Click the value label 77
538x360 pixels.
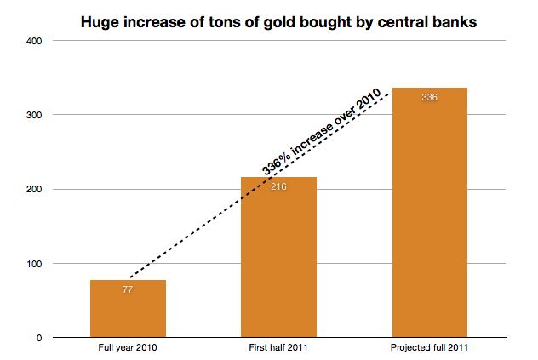tap(128, 289)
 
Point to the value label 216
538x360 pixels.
tap(278, 186)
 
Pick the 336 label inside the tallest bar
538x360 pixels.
tap(429, 98)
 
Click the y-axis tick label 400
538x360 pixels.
tap(36, 41)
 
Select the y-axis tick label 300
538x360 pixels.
tap(36, 115)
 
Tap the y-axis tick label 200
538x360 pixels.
tap(36, 189)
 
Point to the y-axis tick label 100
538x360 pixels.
tap(36, 264)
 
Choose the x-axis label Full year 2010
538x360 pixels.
tap(128, 348)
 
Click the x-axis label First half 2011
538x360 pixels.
tap(278, 348)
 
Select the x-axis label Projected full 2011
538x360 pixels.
tap(429, 348)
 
